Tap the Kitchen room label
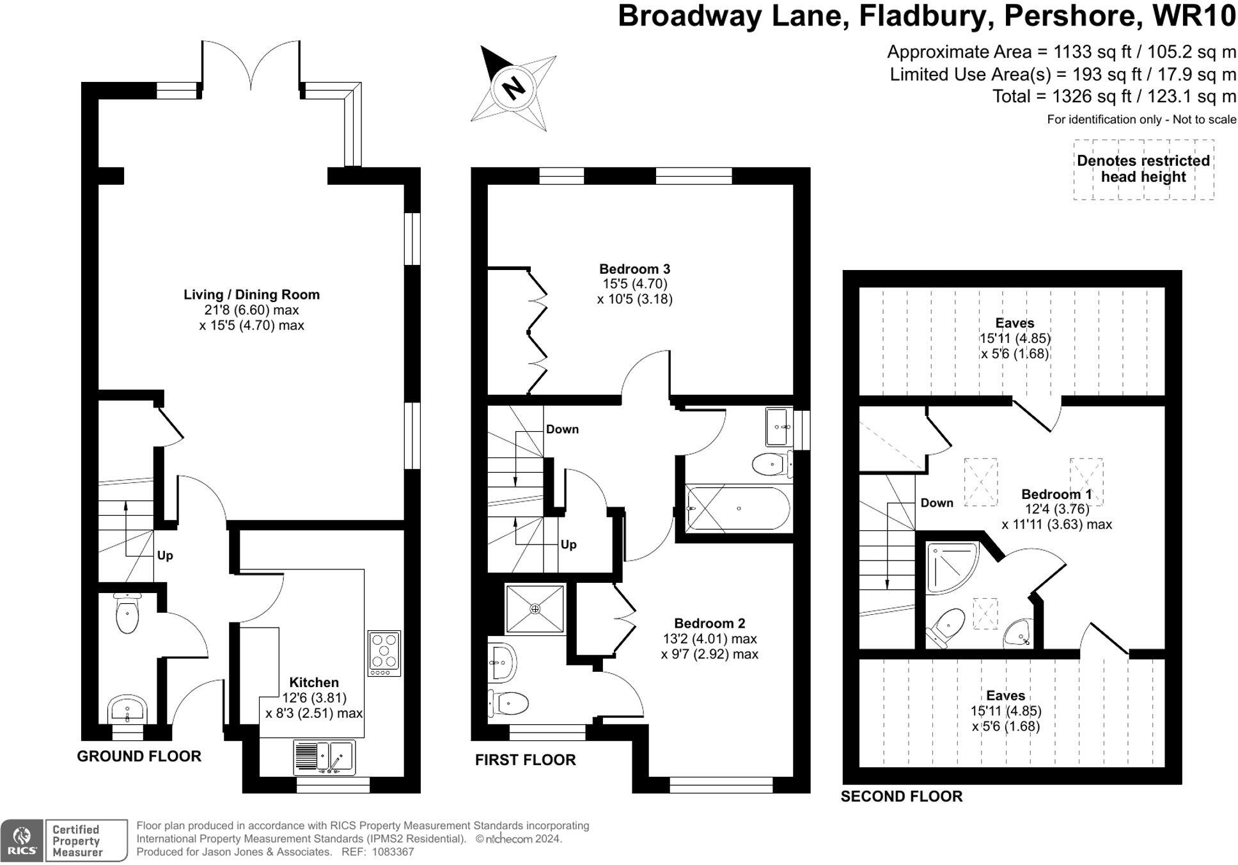tap(314, 683)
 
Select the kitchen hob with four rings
tap(384, 653)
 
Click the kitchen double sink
tap(325, 756)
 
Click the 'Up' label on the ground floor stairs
tap(165, 555)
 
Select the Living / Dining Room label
tap(251, 295)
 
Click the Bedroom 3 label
tap(634, 269)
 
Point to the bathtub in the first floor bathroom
tap(738, 509)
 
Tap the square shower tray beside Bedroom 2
tap(535, 608)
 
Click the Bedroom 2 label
tap(710, 623)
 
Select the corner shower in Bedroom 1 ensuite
tap(952, 567)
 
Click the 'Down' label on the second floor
tap(937, 503)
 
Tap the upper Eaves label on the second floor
tap(1014, 323)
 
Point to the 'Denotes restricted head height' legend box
tap(1143, 170)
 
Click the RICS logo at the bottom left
tap(22, 841)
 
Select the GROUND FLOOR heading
tap(139, 756)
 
